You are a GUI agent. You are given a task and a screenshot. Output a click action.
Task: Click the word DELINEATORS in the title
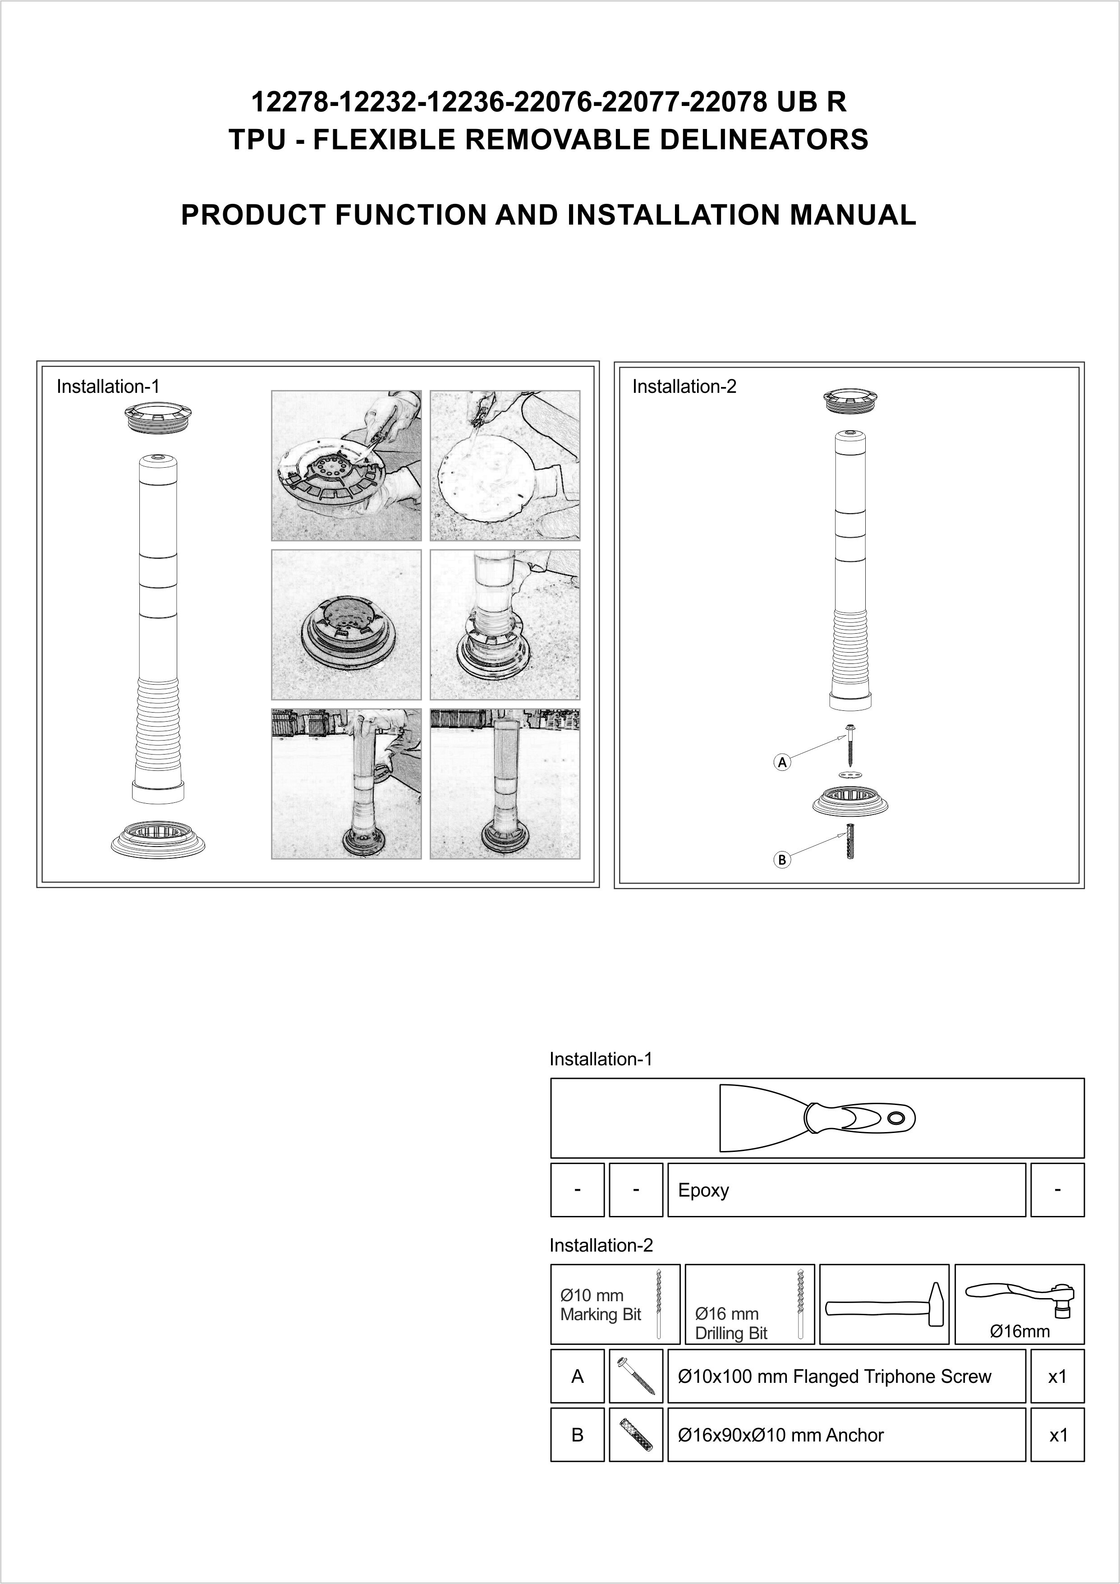pyautogui.click(x=763, y=140)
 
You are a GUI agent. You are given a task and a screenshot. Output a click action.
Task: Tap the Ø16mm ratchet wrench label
pyautogui.click(x=1019, y=1331)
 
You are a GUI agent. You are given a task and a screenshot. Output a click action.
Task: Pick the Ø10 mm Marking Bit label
pyautogui.click(x=600, y=1305)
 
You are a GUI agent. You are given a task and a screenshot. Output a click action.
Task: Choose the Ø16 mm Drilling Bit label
pyautogui.click(x=731, y=1323)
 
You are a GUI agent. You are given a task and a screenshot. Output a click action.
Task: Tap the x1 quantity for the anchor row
pyautogui.click(x=1057, y=1435)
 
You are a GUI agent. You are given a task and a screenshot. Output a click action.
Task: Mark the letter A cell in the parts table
pyautogui.click(x=577, y=1377)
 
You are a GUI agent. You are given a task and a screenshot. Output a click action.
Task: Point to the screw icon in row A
pyautogui.click(x=636, y=1377)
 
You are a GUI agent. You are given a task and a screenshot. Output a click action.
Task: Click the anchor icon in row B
pyautogui.click(x=636, y=1435)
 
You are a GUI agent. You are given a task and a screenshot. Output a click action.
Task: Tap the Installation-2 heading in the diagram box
pyautogui.click(x=684, y=387)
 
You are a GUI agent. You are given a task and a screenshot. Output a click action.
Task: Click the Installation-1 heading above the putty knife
pyautogui.click(x=601, y=1059)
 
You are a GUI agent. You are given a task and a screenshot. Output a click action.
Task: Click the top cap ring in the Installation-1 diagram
pyautogui.click(x=157, y=419)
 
